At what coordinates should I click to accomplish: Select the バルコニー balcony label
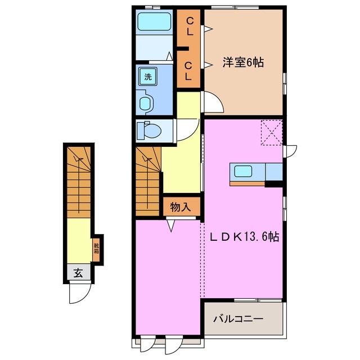click(x=238, y=319)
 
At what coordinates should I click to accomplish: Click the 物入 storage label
click(x=181, y=207)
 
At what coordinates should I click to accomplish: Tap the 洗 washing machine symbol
click(x=148, y=77)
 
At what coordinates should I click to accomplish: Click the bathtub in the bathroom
click(x=154, y=24)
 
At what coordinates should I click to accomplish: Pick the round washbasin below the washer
click(x=146, y=103)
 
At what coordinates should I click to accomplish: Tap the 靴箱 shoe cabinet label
click(x=97, y=246)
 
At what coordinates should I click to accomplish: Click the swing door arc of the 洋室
click(x=211, y=103)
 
